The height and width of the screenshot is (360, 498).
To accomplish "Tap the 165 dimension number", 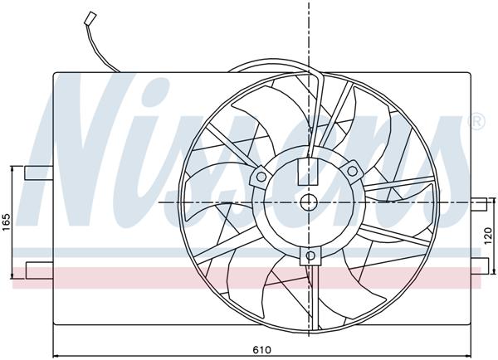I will tap(6, 222).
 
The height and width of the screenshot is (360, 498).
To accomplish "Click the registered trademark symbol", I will tap(476, 123).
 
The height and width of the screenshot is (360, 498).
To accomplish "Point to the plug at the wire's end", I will tap(89, 17).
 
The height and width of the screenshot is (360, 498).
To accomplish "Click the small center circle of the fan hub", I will tap(308, 202).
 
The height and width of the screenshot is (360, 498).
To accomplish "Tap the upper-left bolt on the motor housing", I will tap(262, 175).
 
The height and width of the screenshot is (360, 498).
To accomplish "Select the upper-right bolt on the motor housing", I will tap(352, 171).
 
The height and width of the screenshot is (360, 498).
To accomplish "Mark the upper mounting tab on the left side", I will tap(37, 173).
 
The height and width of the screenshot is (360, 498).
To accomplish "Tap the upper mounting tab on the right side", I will tap(479, 202).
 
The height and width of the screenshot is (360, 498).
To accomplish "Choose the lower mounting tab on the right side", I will tap(479, 265).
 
